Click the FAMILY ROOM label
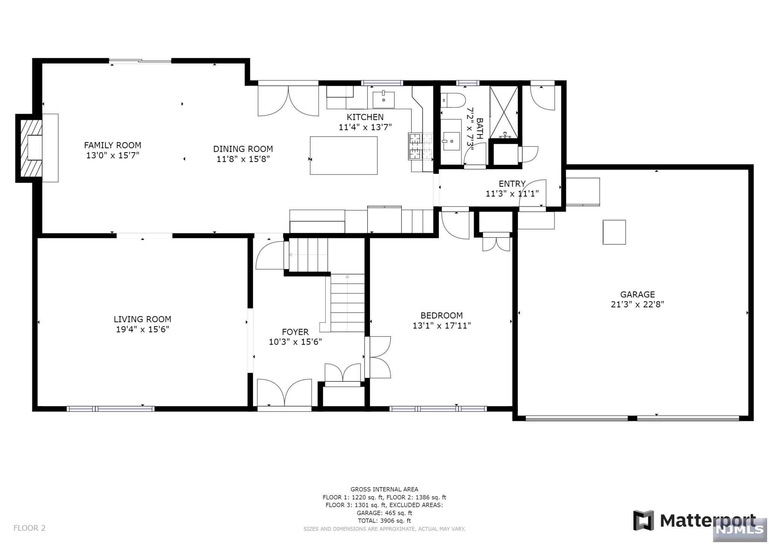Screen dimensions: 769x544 113,145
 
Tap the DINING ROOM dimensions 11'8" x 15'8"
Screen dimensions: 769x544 243,159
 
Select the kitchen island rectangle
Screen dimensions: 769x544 344,156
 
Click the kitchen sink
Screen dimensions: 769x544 383,100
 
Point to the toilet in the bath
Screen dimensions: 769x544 453,100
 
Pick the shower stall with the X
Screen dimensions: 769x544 504,112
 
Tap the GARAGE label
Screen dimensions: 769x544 637,295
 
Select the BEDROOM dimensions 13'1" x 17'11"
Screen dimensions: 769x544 442,326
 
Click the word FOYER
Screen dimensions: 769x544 295,332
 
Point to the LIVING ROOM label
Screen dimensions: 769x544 142,319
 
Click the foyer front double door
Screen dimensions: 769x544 284,393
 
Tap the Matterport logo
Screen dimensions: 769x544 694,521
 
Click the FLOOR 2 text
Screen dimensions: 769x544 29,528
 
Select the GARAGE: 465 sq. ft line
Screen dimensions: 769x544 384,513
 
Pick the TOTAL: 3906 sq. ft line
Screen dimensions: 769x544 384,521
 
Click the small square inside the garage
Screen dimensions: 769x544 614,232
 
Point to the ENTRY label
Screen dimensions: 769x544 512,184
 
